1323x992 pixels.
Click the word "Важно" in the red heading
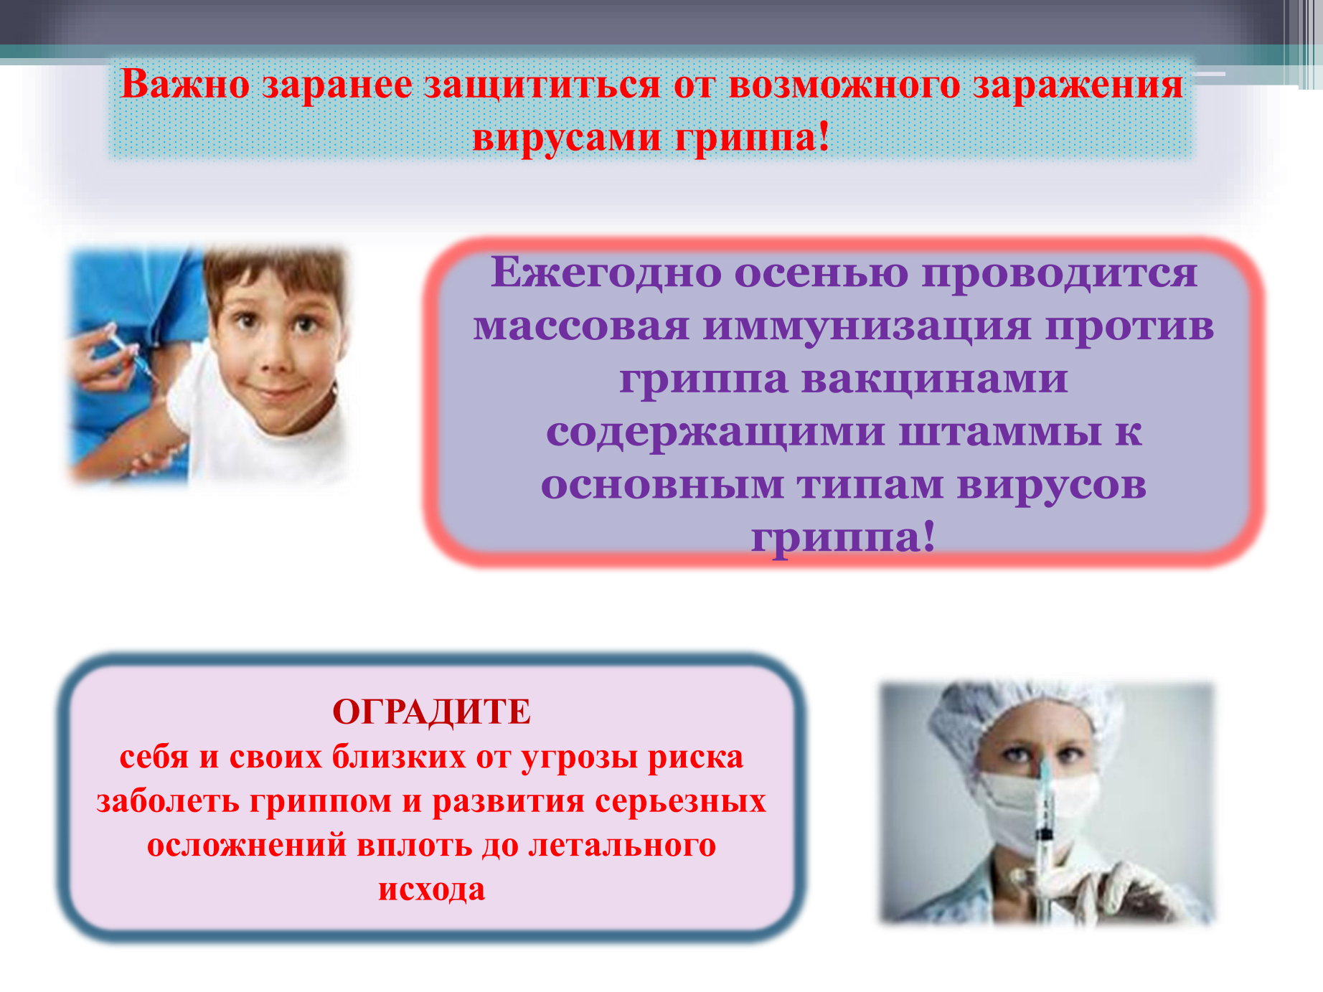[185, 84]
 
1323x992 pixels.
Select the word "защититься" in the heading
[542, 85]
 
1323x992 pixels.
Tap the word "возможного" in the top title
[844, 85]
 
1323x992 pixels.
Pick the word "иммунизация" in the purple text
[867, 326]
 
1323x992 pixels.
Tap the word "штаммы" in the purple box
[999, 433]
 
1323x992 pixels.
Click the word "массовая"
[581, 327]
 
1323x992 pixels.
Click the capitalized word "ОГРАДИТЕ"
[432, 712]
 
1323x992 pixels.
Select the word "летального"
[622, 845]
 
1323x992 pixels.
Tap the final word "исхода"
[432, 889]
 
